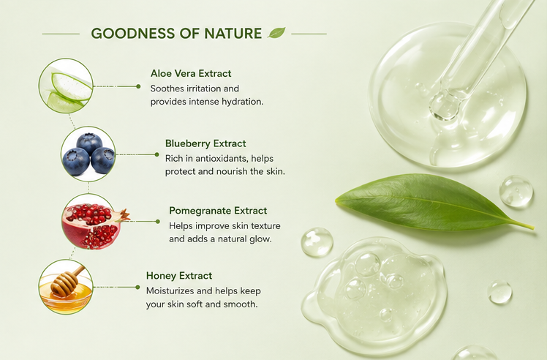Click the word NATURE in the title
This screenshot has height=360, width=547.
233,34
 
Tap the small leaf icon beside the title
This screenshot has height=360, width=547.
276,32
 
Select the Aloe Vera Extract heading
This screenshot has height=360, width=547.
191,73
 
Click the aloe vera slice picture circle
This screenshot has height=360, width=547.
66,86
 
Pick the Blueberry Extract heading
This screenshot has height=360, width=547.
205,143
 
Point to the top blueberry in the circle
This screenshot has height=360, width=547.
89,143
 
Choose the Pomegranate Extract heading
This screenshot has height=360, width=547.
218,211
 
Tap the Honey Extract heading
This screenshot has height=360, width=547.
179,276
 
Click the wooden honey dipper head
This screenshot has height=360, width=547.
64,283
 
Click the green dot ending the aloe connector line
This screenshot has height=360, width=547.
138,86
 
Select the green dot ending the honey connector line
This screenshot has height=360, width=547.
137,287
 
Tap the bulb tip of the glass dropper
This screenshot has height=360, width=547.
445,107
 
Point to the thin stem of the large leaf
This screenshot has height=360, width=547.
522,225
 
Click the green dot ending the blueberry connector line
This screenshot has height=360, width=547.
156,154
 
